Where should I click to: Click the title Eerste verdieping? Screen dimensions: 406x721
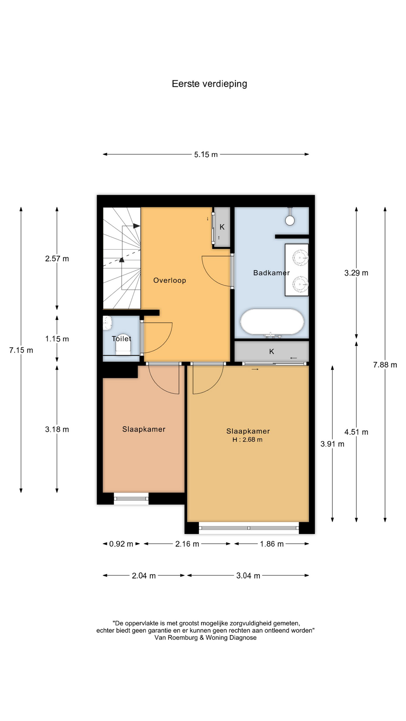click(209, 84)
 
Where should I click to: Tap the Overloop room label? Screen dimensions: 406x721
click(170, 280)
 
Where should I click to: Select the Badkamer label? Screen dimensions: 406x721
click(271, 273)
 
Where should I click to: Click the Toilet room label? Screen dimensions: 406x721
click(121, 339)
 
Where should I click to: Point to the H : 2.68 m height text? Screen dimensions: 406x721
click(247, 440)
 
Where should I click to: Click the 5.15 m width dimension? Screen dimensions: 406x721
click(206, 154)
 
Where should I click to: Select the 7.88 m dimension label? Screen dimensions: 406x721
click(385, 365)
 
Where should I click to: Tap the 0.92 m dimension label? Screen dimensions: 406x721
click(121, 544)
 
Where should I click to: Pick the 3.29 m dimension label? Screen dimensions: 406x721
click(356, 273)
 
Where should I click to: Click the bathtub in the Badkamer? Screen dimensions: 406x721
click(272, 322)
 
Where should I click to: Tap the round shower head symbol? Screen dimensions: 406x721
click(290, 220)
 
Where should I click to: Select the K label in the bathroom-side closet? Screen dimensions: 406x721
click(271, 351)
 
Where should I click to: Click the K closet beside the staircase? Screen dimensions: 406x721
click(222, 227)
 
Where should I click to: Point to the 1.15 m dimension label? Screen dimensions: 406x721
click(57, 339)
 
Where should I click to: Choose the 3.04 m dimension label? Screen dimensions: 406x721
click(248, 576)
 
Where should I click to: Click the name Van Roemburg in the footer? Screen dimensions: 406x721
click(176, 637)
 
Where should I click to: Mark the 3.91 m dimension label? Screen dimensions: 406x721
click(332, 444)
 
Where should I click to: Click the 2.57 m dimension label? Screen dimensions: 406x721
click(57, 258)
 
